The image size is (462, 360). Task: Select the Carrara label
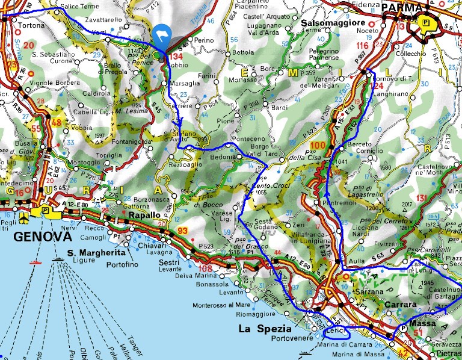[x=400, y=305]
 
